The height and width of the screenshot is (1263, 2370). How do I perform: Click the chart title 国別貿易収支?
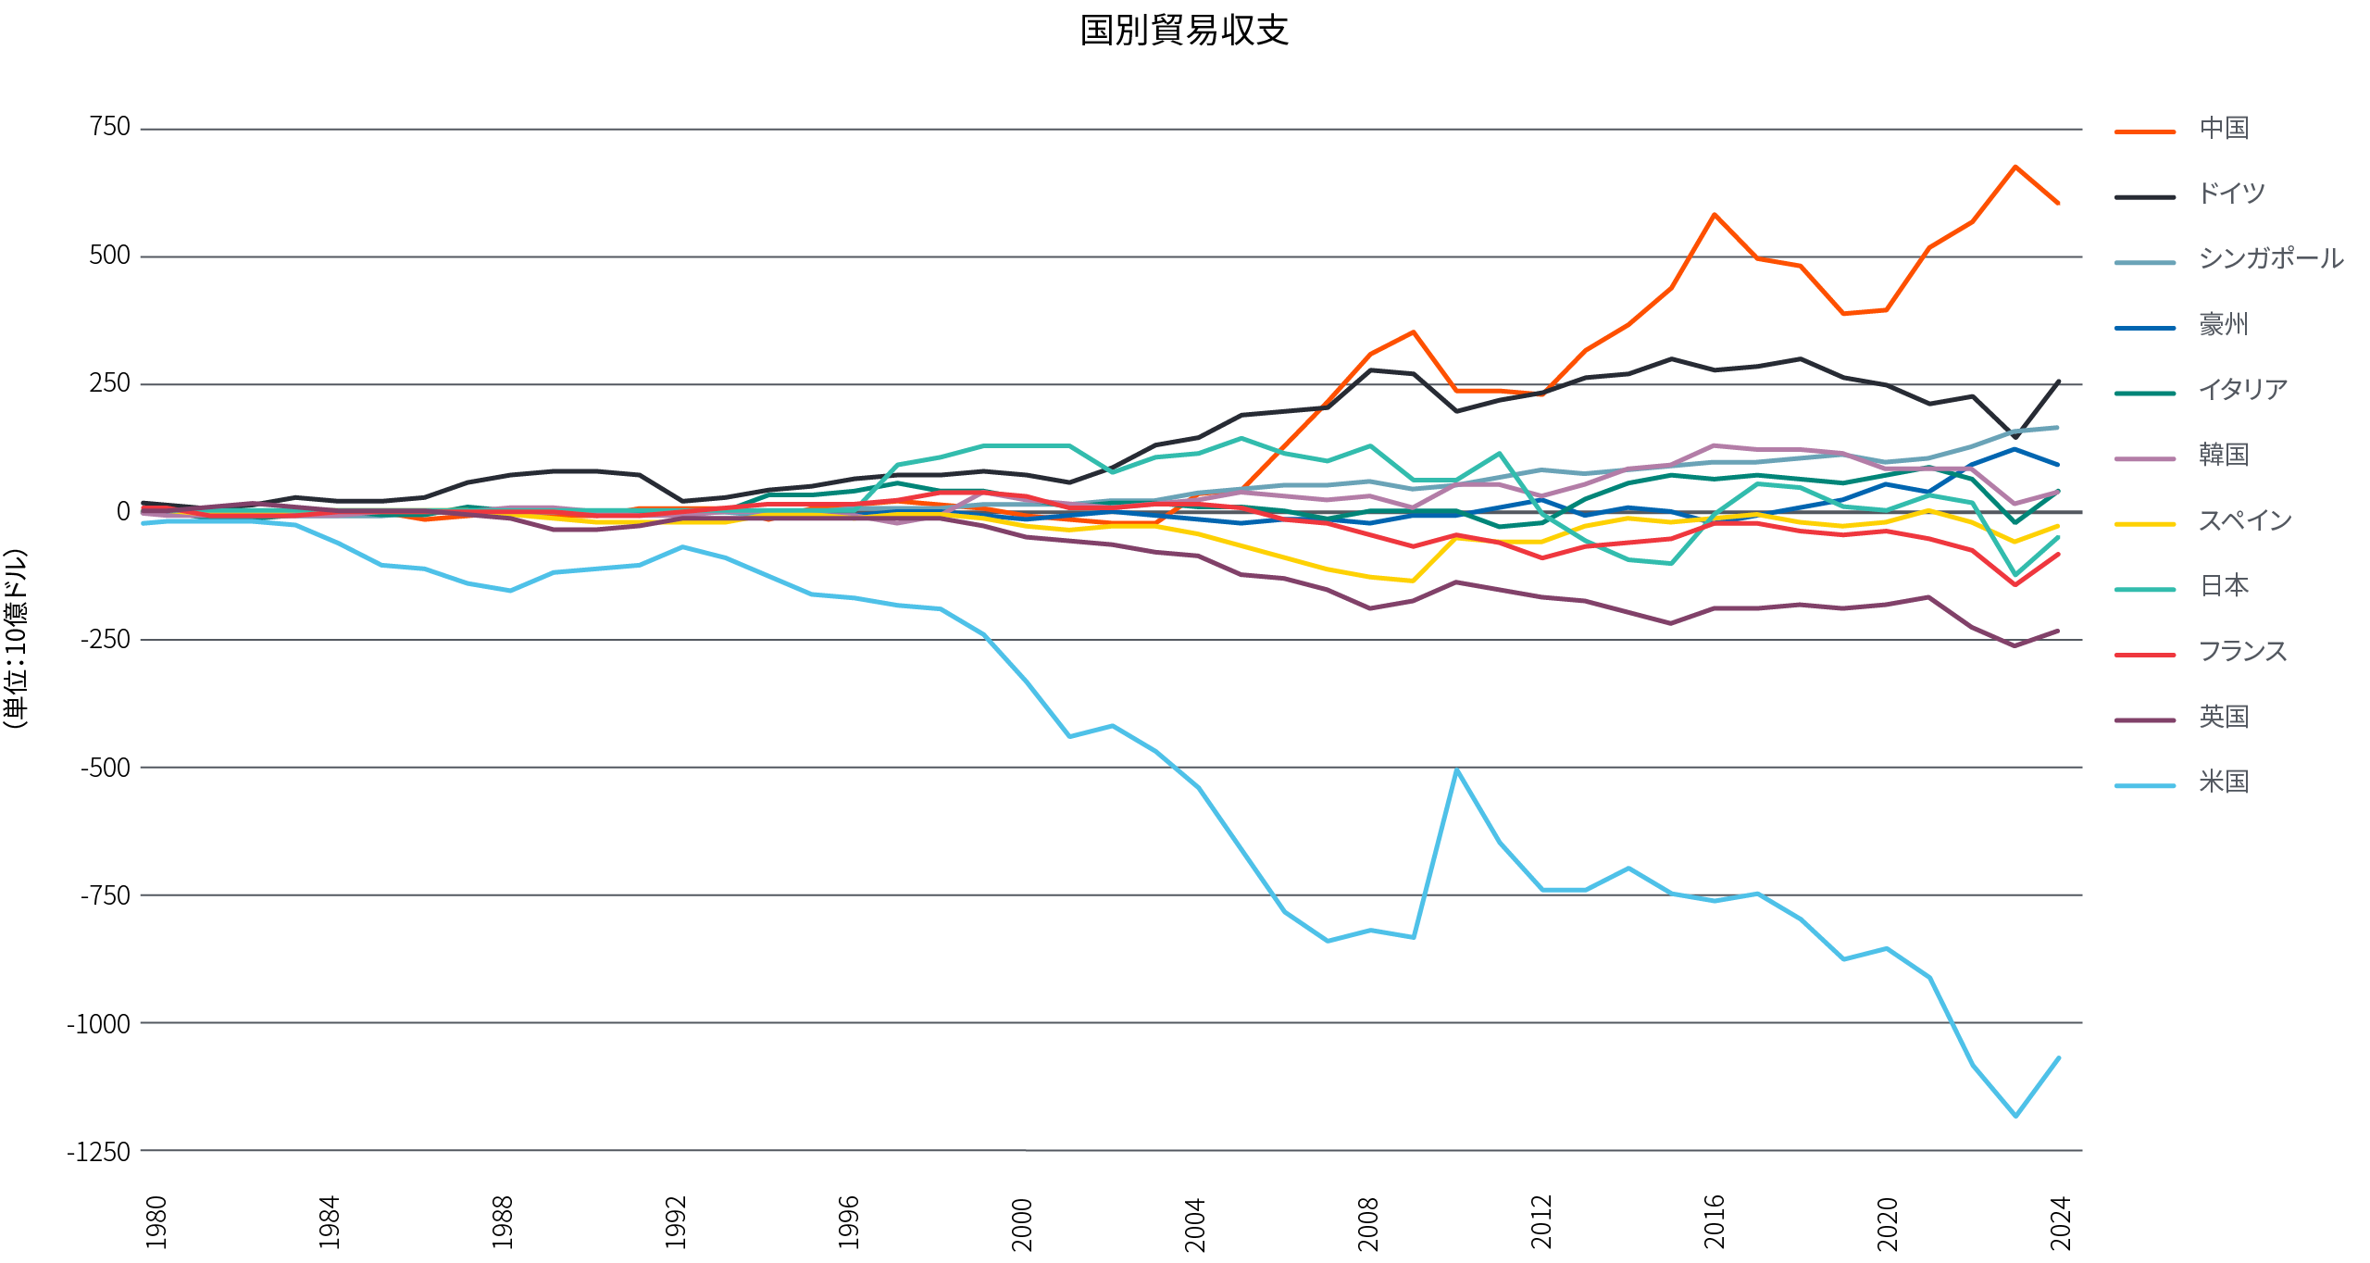[1184, 31]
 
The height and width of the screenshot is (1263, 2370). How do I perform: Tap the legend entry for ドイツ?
[2231, 194]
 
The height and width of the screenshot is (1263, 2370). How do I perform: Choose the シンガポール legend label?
[2270, 258]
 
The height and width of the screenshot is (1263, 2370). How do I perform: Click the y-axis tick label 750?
[110, 127]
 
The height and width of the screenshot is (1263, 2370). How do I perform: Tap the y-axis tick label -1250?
[99, 1151]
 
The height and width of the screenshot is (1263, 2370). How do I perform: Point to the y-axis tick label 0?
[123, 511]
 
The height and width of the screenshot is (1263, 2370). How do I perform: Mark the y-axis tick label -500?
[105, 767]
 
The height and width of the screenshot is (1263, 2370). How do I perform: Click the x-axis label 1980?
[156, 1222]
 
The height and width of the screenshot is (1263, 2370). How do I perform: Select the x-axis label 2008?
[1368, 1222]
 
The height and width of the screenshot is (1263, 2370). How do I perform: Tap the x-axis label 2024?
[2060, 1222]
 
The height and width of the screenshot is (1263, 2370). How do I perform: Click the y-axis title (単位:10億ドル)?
[16, 639]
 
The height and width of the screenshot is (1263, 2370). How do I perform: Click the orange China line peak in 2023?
[2015, 168]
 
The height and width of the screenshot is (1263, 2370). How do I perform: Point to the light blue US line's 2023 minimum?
[2015, 1116]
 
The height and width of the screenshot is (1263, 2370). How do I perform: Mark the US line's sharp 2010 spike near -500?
[1456, 770]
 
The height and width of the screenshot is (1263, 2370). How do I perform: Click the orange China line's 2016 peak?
[1715, 215]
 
